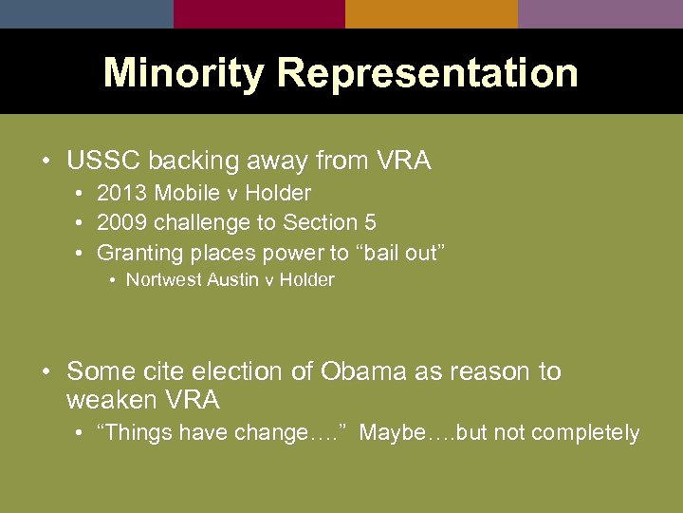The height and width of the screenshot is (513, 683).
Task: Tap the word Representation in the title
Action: point(427,73)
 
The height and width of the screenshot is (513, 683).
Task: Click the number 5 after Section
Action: point(370,223)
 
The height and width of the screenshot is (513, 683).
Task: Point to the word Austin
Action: point(231,280)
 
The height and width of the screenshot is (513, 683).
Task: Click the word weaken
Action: point(111,399)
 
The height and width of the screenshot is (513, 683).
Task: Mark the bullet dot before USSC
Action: point(46,162)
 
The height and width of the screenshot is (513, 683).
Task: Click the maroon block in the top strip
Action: point(259,13)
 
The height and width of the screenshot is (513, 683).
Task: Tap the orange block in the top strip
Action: point(431,13)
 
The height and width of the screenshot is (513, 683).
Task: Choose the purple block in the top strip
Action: point(600,13)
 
